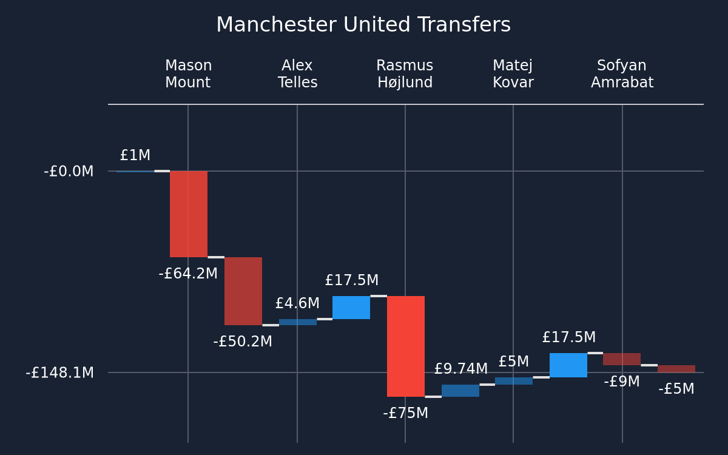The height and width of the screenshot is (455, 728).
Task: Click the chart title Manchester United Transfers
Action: [363, 25]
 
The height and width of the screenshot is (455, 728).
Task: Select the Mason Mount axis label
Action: [188, 74]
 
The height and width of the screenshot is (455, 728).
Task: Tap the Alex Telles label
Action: [297, 74]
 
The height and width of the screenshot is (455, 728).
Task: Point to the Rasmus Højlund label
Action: [405, 74]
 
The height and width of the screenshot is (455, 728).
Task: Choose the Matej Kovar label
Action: [513, 74]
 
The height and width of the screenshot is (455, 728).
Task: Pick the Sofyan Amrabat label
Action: [622, 74]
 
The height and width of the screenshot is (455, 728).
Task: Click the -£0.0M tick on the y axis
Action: [69, 171]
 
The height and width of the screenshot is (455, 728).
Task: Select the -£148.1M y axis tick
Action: [60, 372]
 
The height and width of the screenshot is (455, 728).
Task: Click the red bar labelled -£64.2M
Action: [189, 214]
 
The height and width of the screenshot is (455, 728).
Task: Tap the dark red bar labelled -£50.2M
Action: [243, 291]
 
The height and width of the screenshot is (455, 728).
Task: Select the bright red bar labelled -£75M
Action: [406, 346]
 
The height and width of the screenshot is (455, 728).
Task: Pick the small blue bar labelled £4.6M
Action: [298, 322]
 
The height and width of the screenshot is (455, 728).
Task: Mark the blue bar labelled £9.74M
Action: [460, 390]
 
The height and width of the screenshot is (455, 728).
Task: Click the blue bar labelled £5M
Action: [514, 381]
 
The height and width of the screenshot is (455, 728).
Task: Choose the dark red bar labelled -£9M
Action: [622, 359]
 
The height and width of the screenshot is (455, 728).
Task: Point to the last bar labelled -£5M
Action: [676, 369]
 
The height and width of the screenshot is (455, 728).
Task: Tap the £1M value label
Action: [135, 155]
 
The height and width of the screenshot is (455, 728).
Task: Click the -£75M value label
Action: [406, 413]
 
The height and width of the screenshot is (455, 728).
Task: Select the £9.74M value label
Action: [461, 369]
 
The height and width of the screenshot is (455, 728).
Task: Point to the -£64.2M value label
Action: [188, 274]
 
